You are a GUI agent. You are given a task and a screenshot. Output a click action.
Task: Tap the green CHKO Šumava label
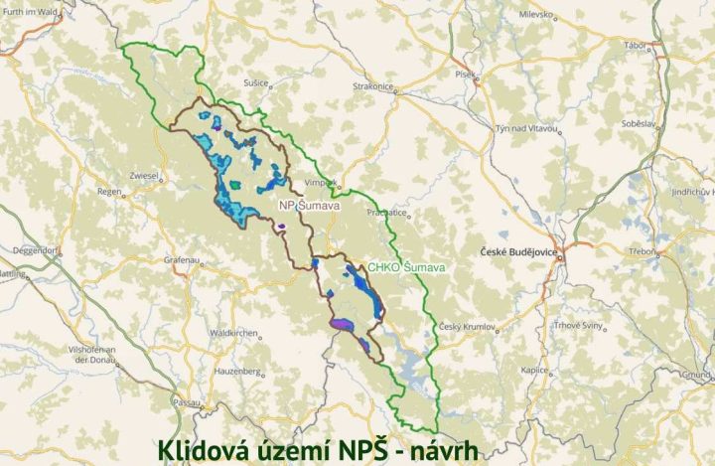(406, 267)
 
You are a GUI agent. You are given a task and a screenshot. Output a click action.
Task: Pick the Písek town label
(466, 73)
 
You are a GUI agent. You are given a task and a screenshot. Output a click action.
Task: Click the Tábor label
(635, 46)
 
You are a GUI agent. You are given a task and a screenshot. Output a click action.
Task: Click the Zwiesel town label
(144, 176)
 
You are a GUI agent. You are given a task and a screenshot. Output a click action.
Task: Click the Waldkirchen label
(235, 333)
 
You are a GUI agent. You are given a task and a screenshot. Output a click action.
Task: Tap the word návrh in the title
(439, 450)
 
